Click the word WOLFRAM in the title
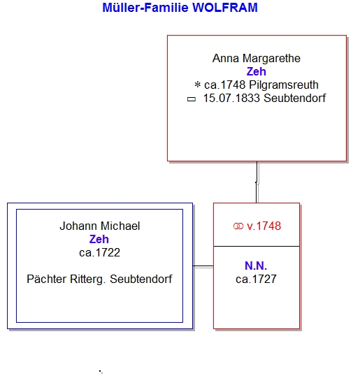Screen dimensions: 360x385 [224, 8]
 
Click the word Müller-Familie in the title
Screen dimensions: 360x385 [145, 8]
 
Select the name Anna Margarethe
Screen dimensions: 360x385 [257, 59]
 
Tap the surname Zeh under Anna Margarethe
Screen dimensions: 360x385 [256, 71]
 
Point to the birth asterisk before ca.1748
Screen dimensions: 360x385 [197, 85]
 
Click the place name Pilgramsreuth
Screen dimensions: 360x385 [284, 85]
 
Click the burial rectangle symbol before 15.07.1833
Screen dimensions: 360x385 [192, 99]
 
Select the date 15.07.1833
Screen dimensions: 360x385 [231, 99]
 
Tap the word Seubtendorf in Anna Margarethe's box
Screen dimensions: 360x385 [295, 99]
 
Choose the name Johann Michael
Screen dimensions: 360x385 [100, 226]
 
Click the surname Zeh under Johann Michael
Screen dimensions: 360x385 [99, 239]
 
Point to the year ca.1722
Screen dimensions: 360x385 [99, 252]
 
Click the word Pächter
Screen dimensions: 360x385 [47, 279]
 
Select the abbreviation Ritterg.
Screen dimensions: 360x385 [88, 279]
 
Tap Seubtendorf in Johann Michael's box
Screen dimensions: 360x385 [141, 279]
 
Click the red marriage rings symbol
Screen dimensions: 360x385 [238, 226]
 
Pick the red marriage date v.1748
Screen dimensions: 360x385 [264, 226]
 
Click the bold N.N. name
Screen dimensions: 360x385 [256, 266]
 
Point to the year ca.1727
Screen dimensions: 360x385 [256, 279]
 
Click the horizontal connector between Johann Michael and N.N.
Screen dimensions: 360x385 [203, 266]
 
